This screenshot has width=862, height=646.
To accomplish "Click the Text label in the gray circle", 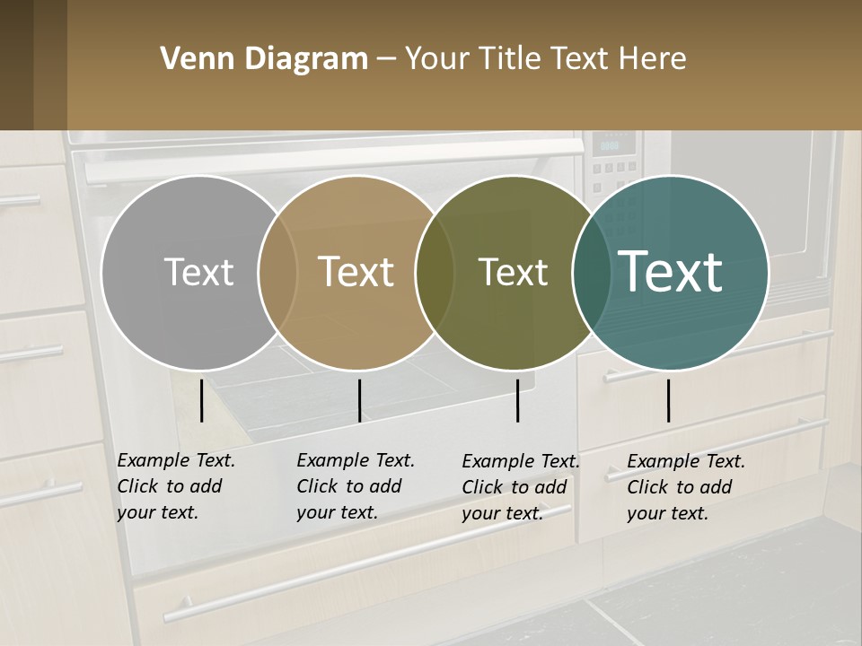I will pos(198,272).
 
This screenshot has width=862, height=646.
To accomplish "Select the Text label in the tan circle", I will pos(356,272).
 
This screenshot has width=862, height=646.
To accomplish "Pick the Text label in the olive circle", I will pos(513,272).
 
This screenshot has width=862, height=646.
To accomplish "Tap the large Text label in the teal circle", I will pos(671,271).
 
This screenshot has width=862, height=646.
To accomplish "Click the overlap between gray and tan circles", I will pos(277,272).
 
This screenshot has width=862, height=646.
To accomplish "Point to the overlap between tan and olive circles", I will pos(435,272).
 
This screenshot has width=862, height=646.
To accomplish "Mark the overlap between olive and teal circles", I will pos(591,272).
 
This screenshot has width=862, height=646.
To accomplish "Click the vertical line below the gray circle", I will pos(202,400).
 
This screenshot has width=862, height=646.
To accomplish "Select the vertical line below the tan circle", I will pos(359,400).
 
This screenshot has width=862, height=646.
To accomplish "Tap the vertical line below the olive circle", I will pos(518,400).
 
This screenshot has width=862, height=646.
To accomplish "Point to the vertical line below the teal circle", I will pos(669,400).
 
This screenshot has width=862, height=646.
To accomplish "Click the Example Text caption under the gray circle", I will pos(176,486).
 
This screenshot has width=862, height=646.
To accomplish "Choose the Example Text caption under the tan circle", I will pos(356,486).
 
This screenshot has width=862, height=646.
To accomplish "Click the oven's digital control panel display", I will pos(611,144).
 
